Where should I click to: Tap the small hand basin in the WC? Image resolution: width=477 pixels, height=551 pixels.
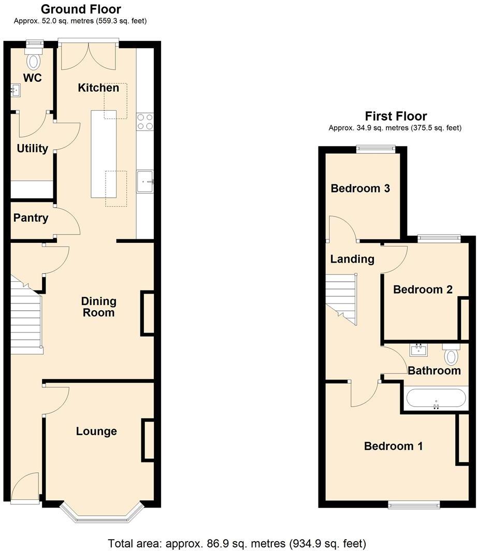tap(16, 92)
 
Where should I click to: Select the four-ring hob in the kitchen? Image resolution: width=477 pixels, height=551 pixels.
tap(145, 121)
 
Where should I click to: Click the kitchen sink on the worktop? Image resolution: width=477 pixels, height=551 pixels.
tap(145, 181)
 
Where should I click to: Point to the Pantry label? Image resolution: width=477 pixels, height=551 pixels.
tap(31, 218)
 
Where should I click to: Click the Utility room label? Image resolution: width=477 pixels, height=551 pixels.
tap(32, 149)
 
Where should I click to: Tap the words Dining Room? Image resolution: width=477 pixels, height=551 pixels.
tap(98, 307)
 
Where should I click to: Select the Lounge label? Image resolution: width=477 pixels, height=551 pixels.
tap(96, 431)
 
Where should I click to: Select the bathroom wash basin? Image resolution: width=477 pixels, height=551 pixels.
tap(418, 350)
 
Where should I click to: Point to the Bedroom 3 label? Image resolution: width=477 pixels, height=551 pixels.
tap(360, 189)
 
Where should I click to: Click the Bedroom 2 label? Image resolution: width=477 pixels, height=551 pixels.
tap(423, 289)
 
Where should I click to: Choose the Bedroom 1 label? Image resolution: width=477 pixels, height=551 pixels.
tap(393, 446)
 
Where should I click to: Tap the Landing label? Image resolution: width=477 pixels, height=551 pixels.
tap(352, 259)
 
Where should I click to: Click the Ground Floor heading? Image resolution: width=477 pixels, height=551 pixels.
tap(80, 9)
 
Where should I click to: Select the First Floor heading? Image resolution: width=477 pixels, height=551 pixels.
tap(396, 116)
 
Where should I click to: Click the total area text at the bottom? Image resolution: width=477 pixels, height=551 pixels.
tap(237, 543)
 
